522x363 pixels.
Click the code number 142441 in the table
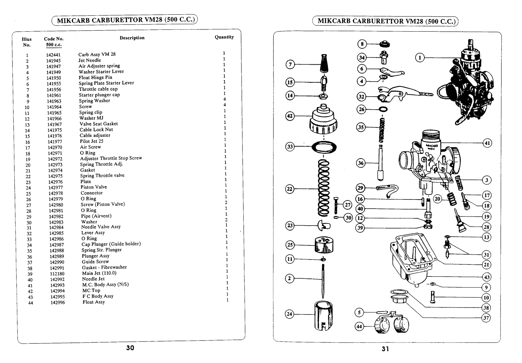(53, 55)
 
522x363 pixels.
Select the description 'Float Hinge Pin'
(95, 77)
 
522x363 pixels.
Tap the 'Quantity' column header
(224, 37)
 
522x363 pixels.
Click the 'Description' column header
(132, 38)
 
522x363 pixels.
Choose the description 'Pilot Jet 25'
(91, 141)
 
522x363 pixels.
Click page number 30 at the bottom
(130, 348)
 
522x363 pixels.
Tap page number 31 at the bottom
(385, 349)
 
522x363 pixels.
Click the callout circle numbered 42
(290, 116)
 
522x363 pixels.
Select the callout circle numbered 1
(420, 58)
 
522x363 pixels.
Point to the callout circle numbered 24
(289, 314)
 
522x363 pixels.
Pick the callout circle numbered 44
(359, 326)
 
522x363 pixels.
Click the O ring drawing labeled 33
(324, 147)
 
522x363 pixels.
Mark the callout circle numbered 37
(486, 318)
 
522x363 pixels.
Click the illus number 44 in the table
(30, 303)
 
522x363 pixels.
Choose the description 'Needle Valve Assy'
(101, 227)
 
